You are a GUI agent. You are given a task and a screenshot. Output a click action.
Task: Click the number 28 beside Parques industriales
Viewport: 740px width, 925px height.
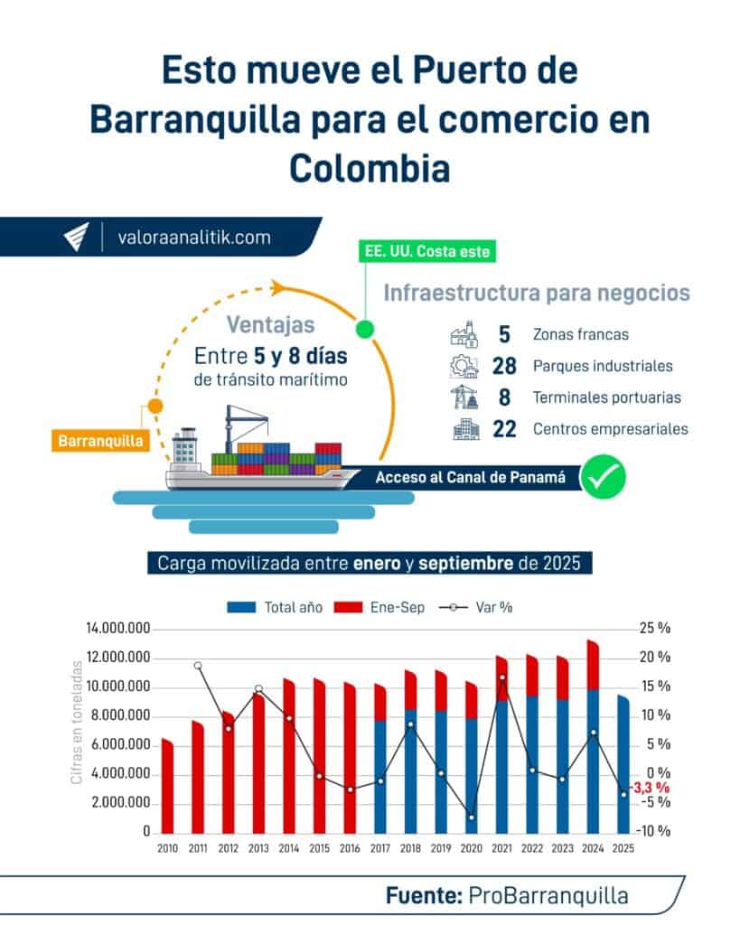pyautogui.click(x=503, y=367)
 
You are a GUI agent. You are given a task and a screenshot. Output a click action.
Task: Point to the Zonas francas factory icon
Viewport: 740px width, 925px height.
pyautogui.click(x=465, y=335)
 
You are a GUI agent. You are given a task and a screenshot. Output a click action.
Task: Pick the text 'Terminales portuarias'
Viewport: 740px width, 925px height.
pyautogui.click(x=607, y=397)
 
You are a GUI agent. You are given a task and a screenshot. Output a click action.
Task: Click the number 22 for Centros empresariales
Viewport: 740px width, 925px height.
pyautogui.click(x=503, y=430)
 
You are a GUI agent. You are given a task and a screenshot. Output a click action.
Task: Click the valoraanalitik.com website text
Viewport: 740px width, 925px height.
pyautogui.click(x=194, y=238)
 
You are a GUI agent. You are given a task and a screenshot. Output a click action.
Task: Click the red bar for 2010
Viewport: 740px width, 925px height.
pyautogui.click(x=167, y=786)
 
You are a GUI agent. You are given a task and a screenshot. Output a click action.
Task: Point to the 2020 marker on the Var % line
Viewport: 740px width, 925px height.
pyautogui.click(x=472, y=818)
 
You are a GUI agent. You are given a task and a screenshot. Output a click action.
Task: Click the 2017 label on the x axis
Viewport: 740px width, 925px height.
pyautogui.click(x=379, y=849)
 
